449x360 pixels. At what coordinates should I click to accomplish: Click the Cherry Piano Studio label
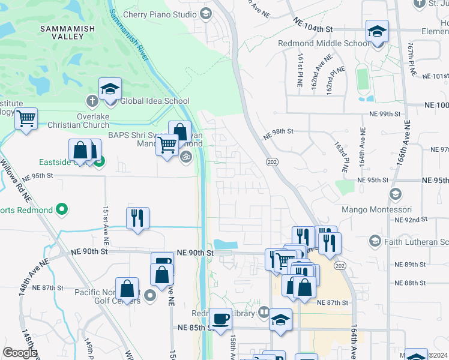(x=159, y=14)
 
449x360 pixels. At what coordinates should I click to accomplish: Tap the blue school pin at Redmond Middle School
(x=377, y=31)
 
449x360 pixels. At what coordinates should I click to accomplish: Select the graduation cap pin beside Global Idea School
(x=110, y=89)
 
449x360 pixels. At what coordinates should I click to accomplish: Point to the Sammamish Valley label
(x=62, y=32)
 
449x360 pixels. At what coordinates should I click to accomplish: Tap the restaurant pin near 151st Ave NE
(x=138, y=220)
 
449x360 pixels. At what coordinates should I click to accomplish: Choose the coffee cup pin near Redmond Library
(x=220, y=319)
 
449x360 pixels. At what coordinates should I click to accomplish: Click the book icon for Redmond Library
(x=264, y=313)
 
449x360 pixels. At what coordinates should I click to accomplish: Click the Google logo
(x=20, y=352)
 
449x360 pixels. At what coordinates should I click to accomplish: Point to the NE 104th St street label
(x=313, y=28)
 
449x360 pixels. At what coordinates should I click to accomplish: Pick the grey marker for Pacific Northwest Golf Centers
(x=150, y=296)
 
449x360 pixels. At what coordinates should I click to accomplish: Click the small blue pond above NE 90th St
(x=225, y=245)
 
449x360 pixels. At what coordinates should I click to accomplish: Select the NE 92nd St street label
(x=409, y=220)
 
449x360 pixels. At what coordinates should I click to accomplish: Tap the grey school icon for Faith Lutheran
(x=375, y=241)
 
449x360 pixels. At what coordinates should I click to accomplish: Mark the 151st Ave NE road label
(x=105, y=224)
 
